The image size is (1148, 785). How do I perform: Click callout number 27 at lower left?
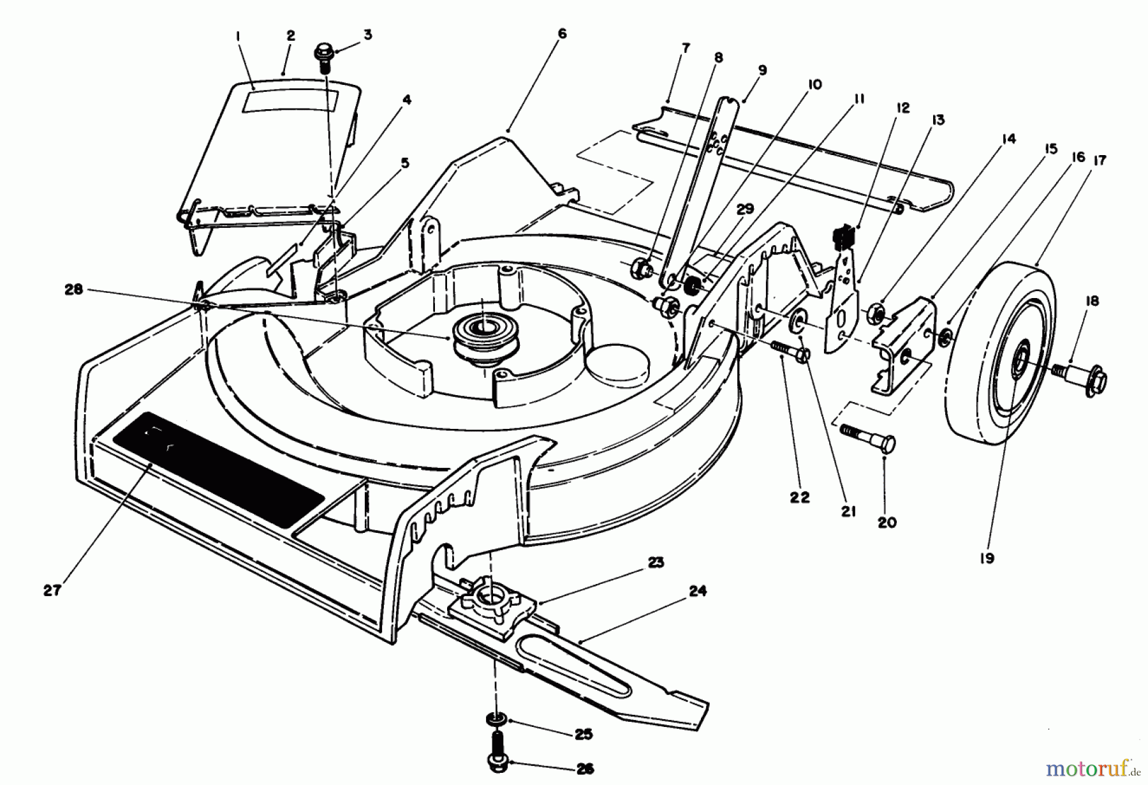click(52, 591)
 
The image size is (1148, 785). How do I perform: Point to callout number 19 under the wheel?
click(987, 558)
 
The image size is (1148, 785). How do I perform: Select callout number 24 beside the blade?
click(698, 592)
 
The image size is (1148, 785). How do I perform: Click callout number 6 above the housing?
click(561, 33)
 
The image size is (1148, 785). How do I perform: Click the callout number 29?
click(744, 209)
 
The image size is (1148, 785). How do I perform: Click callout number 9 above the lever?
click(762, 70)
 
